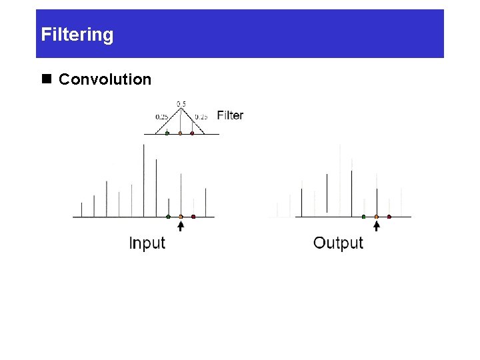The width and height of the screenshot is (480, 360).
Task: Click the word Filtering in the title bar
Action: [x=77, y=35]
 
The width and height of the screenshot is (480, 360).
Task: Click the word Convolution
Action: [x=105, y=80]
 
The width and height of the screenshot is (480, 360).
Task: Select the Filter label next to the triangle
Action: [x=230, y=115]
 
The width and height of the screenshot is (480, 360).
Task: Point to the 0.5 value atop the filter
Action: [x=181, y=103]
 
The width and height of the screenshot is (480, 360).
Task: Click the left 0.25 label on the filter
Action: [x=161, y=117]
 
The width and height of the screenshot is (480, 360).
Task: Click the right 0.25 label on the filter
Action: [x=201, y=117]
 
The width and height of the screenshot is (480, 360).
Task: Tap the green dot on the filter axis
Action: [x=167, y=133]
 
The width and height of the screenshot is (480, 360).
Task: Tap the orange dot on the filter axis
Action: [x=180, y=133]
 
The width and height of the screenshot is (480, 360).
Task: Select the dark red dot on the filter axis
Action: [x=193, y=133]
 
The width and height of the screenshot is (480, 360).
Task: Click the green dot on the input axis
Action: [x=168, y=217]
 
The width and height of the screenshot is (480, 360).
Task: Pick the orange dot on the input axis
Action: [x=181, y=217]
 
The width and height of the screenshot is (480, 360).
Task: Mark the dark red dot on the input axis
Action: [x=193, y=217]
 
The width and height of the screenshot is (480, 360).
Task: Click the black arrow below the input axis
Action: [x=181, y=227]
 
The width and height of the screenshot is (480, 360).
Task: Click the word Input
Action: [x=147, y=243]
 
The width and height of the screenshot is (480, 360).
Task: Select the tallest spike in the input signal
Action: [x=144, y=180]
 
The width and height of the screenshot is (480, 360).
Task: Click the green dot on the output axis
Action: [x=363, y=217]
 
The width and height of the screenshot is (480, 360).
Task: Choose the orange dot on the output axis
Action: [x=377, y=217]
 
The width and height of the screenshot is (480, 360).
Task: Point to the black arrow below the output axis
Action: [x=377, y=227]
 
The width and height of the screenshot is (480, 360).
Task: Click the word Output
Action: [x=338, y=243]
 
